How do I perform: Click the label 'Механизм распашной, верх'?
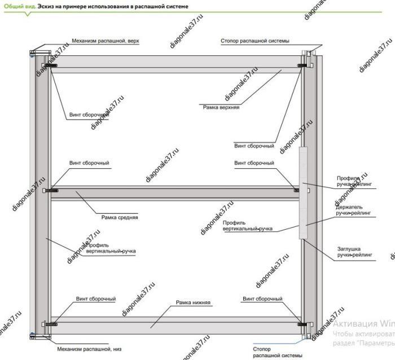(x=105, y=41)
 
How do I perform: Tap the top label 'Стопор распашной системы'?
(x=254, y=41)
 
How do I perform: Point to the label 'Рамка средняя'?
(x=120, y=217)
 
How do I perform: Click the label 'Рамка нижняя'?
(x=193, y=302)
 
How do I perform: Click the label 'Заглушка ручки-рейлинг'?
(x=355, y=251)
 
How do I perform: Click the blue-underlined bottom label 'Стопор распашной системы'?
(x=273, y=352)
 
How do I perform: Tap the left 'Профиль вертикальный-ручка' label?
(x=111, y=248)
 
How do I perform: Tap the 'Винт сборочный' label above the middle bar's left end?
(x=89, y=163)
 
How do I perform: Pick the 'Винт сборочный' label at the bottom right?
(x=262, y=298)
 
